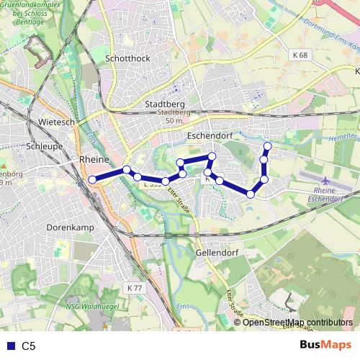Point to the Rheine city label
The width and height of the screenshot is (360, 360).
pyautogui.click(x=94, y=159)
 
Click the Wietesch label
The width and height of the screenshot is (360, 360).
pyautogui.click(x=58, y=122)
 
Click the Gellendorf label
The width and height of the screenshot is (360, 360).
pyautogui.click(x=217, y=253)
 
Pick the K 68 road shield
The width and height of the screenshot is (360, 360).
pyautogui.click(x=300, y=55)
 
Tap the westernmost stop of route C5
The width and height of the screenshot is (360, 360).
pyautogui.click(x=92, y=180)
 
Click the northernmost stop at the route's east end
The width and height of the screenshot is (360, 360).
pyautogui.click(x=267, y=147)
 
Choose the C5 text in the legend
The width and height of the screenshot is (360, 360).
pyautogui.click(x=29, y=346)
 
